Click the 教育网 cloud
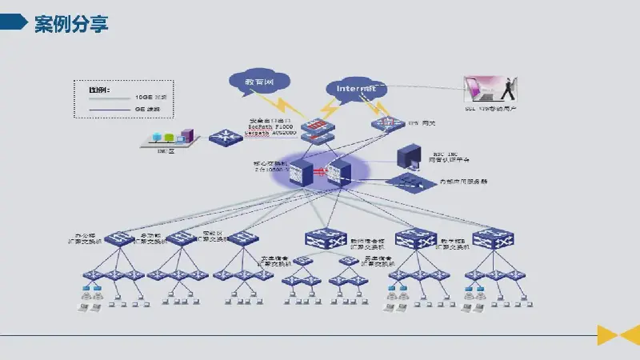[x=258, y=82]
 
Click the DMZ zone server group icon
[x=166, y=138]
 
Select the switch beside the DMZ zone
[x=222, y=137]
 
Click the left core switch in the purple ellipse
[x=301, y=171]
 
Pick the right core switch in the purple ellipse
[x=339, y=171]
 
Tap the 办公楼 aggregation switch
[x=120, y=238]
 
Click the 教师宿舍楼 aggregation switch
[x=325, y=238]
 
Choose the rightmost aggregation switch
[x=493, y=238]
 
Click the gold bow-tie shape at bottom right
[x=618, y=335]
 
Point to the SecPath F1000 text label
[x=272, y=128]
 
